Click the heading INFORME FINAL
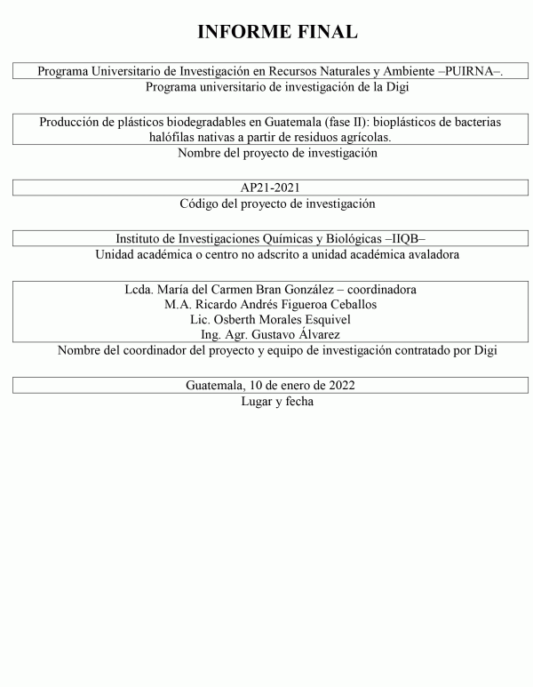click(276, 32)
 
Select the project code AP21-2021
click(276, 188)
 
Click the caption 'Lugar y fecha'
click(276, 401)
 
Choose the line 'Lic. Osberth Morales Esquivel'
click(276, 319)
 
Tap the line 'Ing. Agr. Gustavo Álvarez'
click(276, 334)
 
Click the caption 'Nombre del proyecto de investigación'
click(276, 153)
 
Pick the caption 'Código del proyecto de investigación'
click(276, 204)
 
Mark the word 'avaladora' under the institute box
click(430, 255)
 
